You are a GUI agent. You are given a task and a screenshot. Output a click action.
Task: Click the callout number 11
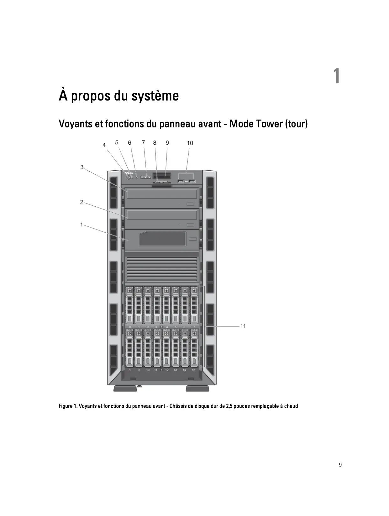pyautogui.click(x=243, y=326)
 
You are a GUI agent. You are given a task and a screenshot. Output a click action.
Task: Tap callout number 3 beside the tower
pyautogui.click(x=82, y=167)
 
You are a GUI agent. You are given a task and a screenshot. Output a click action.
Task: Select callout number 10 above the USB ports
pyautogui.click(x=190, y=143)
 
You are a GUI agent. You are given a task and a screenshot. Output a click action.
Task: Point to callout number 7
pyautogui.click(x=143, y=142)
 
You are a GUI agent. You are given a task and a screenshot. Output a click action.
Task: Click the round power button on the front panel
pyautogui.click(x=129, y=178)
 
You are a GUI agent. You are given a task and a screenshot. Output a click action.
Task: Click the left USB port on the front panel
pyautogui.click(x=181, y=181)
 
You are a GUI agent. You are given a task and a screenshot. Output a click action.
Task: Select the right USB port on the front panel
pyautogui.click(x=192, y=181)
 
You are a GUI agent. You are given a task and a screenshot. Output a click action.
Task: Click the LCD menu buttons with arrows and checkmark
pyautogui.click(x=146, y=177)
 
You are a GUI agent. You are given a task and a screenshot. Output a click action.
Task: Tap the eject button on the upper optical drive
pyautogui.click(x=190, y=204)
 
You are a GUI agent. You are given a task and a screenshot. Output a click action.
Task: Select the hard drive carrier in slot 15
pyautogui.click(x=194, y=348)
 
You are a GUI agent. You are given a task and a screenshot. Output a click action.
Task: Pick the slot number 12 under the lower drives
pyautogui.click(x=167, y=370)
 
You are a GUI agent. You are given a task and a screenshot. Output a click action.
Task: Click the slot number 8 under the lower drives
pyautogui.click(x=130, y=370)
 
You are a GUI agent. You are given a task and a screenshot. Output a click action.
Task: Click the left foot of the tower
pyautogui.click(x=125, y=389)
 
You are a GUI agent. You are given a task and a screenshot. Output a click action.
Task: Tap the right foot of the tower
pyautogui.click(x=197, y=389)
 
